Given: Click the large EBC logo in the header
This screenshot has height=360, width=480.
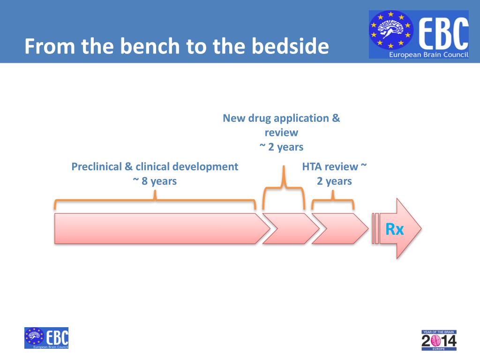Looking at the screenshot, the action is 419,34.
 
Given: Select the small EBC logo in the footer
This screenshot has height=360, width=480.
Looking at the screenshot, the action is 46,338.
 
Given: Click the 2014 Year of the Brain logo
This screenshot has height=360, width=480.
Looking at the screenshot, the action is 439,340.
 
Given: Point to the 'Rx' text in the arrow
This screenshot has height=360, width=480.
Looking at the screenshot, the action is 394,230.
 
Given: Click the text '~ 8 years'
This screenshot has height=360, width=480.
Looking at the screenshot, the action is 155,181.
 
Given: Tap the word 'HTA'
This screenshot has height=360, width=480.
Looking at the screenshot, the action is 312,166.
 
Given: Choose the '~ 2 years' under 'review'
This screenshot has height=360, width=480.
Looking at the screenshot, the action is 281,147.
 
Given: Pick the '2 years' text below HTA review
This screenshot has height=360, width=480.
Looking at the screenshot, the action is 334,181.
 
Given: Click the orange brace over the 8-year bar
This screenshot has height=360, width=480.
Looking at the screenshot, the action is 155,201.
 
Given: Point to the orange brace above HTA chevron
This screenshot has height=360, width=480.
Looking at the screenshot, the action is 333,201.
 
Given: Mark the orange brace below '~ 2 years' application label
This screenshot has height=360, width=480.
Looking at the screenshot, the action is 284,187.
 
